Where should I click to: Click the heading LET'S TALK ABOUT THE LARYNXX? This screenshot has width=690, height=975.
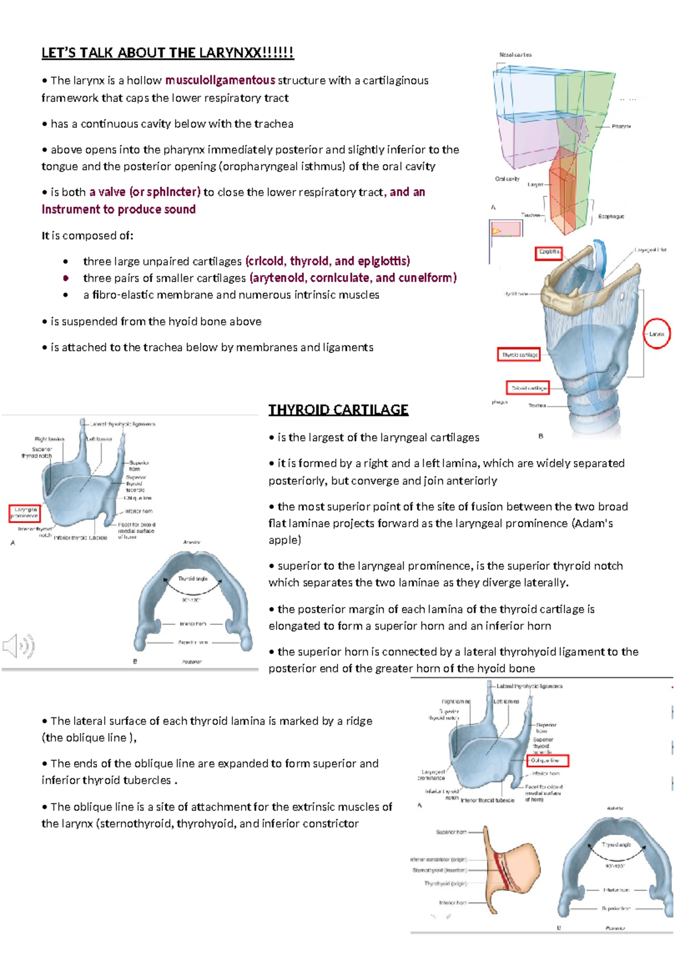click(x=167, y=53)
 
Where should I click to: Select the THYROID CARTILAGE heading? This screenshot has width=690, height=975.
click(x=338, y=409)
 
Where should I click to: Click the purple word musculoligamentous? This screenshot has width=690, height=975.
click(x=220, y=80)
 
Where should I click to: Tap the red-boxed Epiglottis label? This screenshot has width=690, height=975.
click(x=549, y=252)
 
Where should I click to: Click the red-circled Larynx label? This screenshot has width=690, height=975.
click(x=657, y=333)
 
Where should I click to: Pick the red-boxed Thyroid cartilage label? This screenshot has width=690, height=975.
click(x=519, y=355)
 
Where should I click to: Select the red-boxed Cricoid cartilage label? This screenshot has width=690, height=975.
click(x=528, y=388)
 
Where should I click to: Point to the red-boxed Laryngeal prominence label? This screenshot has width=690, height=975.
click(x=25, y=513)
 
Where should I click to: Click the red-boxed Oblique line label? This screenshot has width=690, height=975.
click(x=547, y=761)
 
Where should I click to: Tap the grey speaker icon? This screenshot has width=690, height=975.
click(x=18, y=646)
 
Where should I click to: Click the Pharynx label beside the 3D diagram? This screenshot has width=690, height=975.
click(x=621, y=126)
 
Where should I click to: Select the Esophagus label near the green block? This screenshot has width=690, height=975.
click(x=611, y=217)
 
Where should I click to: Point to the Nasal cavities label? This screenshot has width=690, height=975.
click(x=515, y=55)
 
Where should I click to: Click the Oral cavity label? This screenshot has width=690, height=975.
click(x=507, y=179)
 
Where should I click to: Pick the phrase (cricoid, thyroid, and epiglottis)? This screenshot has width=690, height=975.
click(x=327, y=261)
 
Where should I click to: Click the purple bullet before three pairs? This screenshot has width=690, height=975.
click(x=66, y=278)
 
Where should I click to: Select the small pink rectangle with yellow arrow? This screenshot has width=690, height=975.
click(x=506, y=229)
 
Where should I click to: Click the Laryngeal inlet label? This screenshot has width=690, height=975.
click(x=650, y=250)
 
